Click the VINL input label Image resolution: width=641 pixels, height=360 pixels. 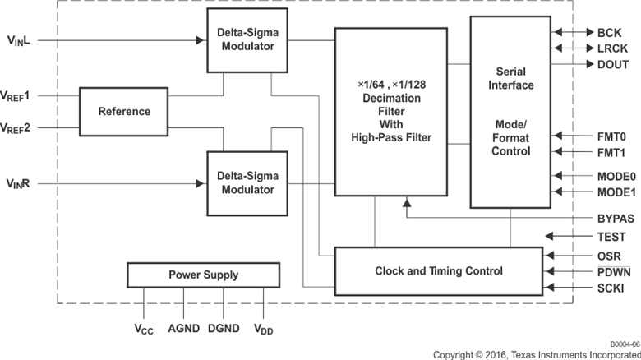click(18, 40)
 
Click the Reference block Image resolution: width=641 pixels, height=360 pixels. click(124, 111)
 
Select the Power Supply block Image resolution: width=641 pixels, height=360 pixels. click(203, 275)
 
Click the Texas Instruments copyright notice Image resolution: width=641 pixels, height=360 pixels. click(536, 354)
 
